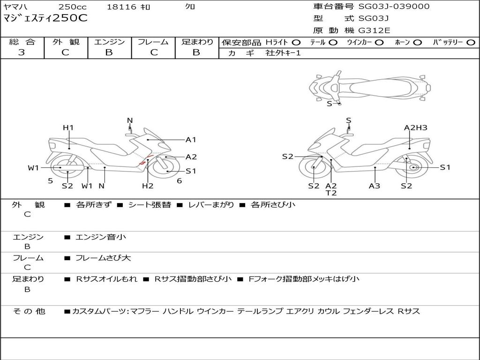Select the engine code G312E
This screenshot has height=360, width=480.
(x=374, y=30)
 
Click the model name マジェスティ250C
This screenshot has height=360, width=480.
(x=45, y=19)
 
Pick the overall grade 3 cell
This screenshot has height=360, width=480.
(x=22, y=52)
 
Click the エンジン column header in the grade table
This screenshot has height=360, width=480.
(x=109, y=42)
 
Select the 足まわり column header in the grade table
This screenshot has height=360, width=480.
(x=197, y=42)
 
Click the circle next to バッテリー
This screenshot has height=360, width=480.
(x=470, y=43)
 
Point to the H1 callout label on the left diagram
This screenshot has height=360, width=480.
(x=68, y=127)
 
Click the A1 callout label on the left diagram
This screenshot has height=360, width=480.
(x=191, y=140)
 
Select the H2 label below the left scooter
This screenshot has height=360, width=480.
(x=148, y=186)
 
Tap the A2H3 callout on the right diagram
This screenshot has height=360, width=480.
(x=415, y=127)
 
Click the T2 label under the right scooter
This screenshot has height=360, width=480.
(x=331, y=193)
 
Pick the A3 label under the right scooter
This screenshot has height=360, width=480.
(x=374, y=186)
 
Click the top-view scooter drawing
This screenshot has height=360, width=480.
(x=370, y=87)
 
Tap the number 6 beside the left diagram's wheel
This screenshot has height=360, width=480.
(x=179, y=181)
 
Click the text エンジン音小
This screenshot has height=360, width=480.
(x=101, y=237)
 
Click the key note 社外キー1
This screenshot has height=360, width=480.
(x=283, y=53)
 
